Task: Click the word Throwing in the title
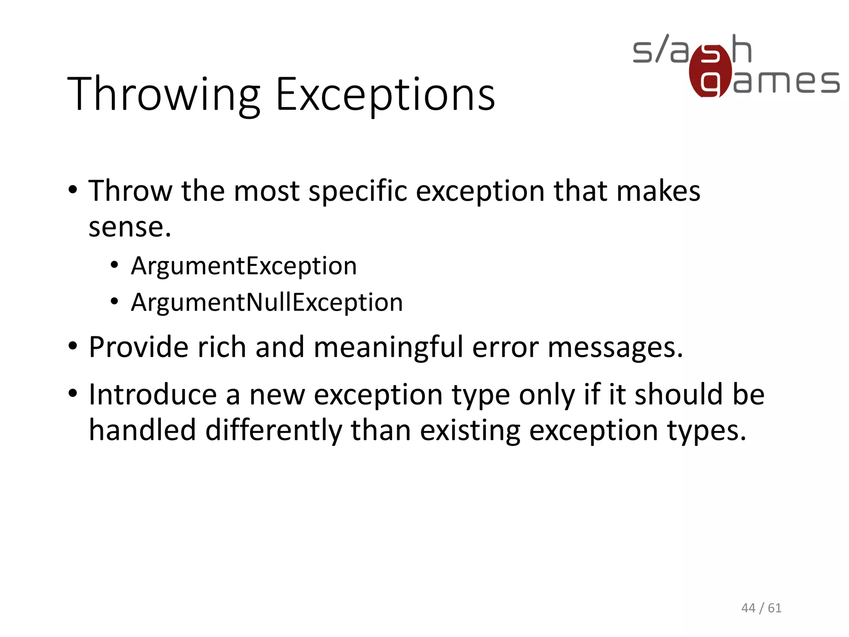click(x=163, y=95)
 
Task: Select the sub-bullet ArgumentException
click(x=244, y=266)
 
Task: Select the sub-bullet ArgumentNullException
click(x=267, y=302)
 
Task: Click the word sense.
click(x=129, y=227)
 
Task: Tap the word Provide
click(x=138, y=347)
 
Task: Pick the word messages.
click(x=615, y=348)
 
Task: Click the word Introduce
click(x=153, y=394)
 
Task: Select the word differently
click(x=274, y=430)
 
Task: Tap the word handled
click(x=142, y=430)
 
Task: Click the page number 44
click(x=748, y=608)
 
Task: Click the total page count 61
click(x=774, y=608)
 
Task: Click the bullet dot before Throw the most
click(x=73, y=191)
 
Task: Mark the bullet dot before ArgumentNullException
click(x=114, y=302)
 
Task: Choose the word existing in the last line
click(x=470, y=430)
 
